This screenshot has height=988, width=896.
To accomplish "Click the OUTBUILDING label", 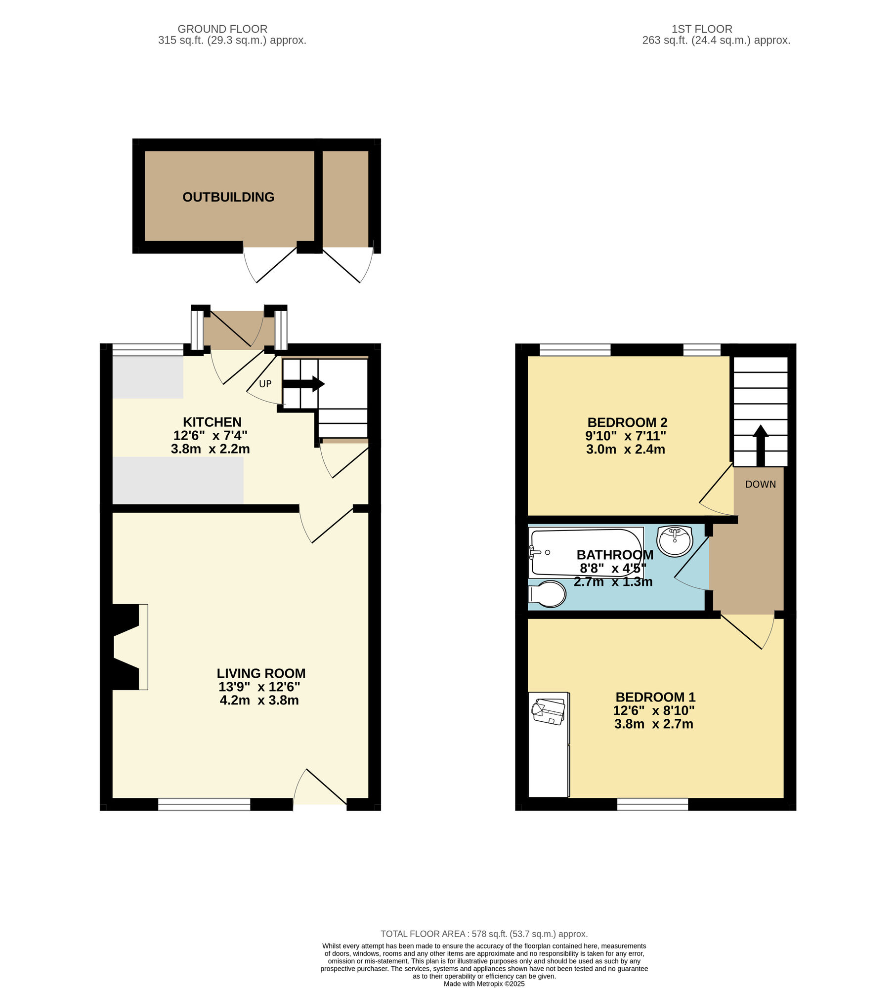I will tap(228, 197).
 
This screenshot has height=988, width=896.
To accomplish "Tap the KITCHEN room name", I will tap(212, 422).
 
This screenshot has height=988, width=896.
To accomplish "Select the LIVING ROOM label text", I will tap(261, 673).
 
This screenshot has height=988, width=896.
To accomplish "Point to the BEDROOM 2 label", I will tap(627, 422).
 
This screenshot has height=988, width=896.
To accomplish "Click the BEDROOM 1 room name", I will tap(655, 697).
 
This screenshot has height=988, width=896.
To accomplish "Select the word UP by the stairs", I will tap(265, 384).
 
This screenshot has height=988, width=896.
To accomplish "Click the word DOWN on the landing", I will tap(761, 485).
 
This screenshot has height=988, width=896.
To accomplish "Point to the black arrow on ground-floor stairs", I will tap(303, 384).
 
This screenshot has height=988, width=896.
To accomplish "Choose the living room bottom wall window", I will tap(204, 804).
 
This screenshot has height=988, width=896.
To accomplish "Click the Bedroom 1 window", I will tap(652, 804).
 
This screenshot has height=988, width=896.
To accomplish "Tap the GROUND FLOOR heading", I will tap(222, 29).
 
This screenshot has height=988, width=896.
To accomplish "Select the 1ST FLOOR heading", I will tap(702, 29).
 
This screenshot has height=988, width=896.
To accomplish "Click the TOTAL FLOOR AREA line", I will tap(484, 934).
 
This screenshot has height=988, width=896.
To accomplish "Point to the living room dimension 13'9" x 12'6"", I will tap(259, 687).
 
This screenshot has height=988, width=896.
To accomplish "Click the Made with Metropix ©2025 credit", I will tap(484, 984).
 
